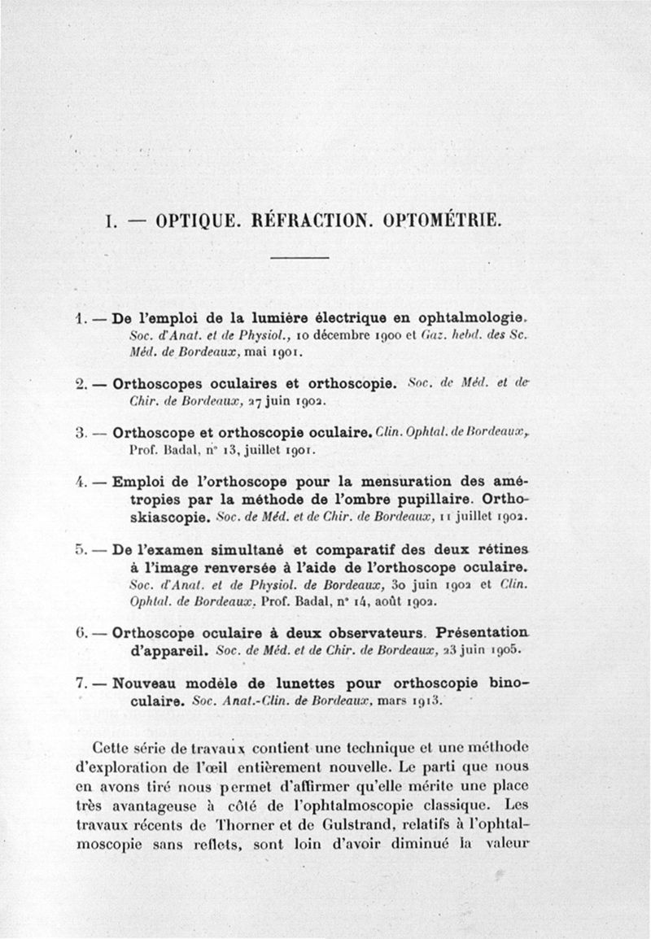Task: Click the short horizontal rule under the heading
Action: pyautogui.click(x=299, y=259)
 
